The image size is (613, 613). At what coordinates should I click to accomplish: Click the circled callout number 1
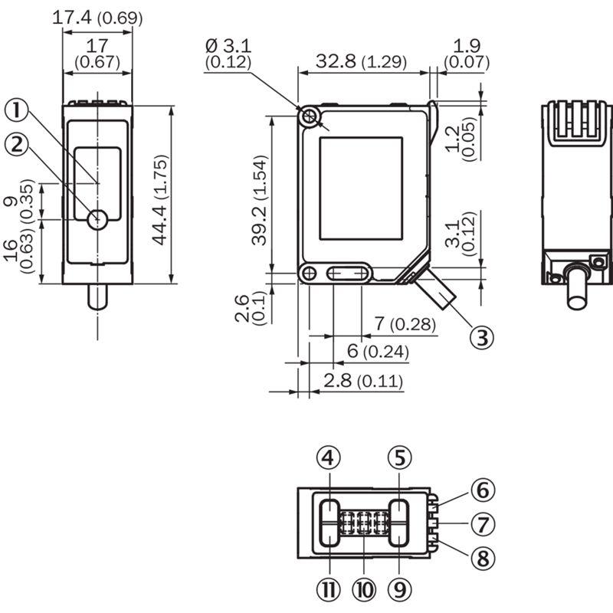18,111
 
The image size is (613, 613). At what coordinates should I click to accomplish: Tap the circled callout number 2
18,143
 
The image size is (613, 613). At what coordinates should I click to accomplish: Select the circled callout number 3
480,336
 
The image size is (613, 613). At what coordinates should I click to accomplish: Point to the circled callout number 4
327,458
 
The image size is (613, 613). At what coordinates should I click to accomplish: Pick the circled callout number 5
399,458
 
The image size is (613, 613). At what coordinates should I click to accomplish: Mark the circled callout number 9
399,588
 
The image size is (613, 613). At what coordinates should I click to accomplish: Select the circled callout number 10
363,588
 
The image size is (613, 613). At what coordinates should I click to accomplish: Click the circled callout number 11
327,588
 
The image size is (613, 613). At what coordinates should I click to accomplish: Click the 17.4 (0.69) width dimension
97,17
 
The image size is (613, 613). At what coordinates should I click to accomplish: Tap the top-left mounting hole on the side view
310,116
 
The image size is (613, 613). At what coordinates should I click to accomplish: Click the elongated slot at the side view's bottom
348,274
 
